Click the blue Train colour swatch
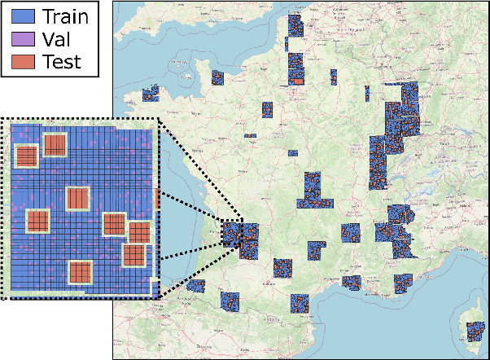coord(20,16)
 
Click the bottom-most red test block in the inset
coord(80,271)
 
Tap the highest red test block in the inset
coord(55,145)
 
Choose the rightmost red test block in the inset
coord(140,232)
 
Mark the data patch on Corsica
coord(475,332)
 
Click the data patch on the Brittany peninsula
coord(151,94)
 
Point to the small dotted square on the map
coord(232,234)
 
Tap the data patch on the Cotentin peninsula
coord(217,77)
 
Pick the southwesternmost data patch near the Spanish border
coord(195,285)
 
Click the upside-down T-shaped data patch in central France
coord(313,191)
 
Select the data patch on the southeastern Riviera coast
coord(403,283)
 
